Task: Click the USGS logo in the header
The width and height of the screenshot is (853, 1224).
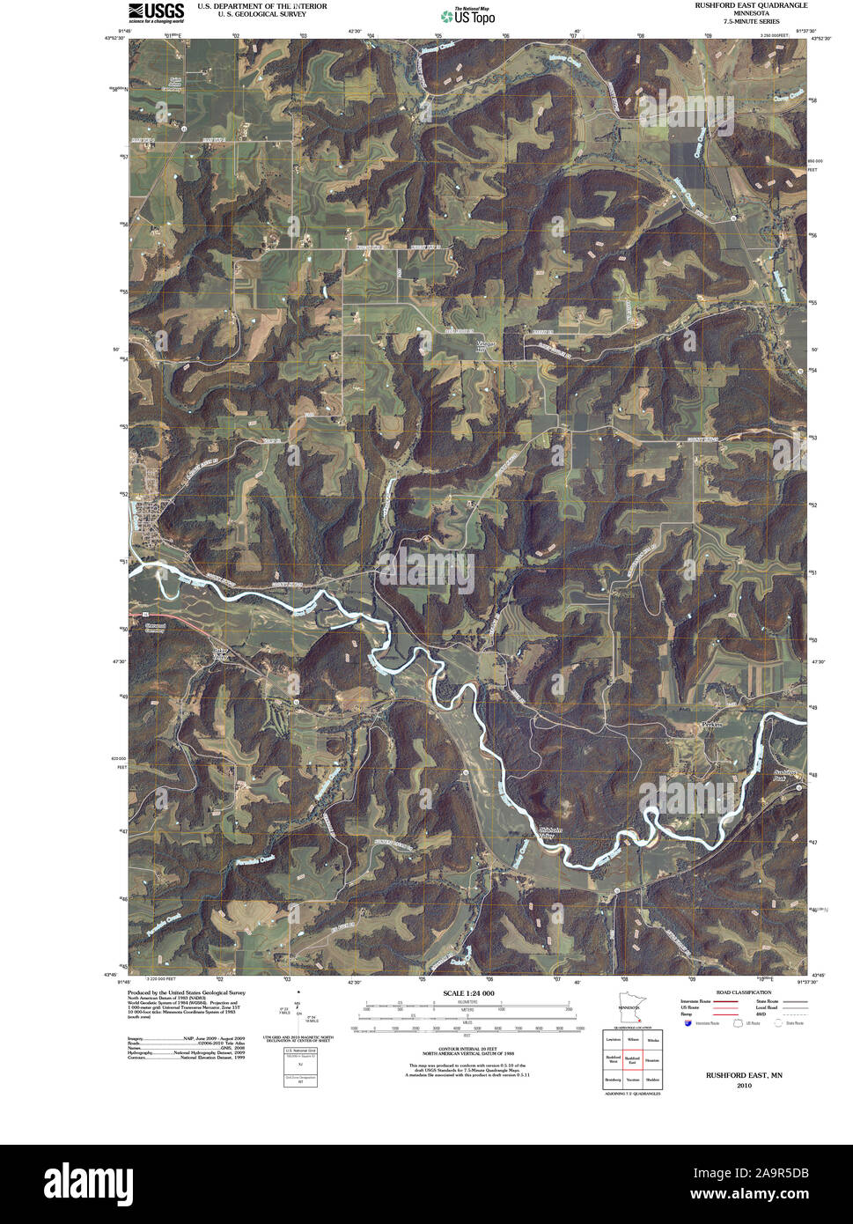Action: tap(156, 12)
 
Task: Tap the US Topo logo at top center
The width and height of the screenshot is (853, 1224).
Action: tap(467, 16)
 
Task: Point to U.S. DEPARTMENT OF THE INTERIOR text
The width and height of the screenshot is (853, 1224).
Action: tap(261, 6)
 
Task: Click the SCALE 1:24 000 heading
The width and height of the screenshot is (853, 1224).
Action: tap(467, 992)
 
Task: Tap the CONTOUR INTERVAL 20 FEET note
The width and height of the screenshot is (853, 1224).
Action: tap(466, 1049)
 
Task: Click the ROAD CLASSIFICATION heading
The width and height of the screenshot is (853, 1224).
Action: tap(743, 992)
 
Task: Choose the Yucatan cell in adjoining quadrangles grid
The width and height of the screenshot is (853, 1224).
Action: tap(631, 1080)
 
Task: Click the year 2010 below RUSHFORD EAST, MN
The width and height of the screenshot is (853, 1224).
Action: tap(744, 1086)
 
